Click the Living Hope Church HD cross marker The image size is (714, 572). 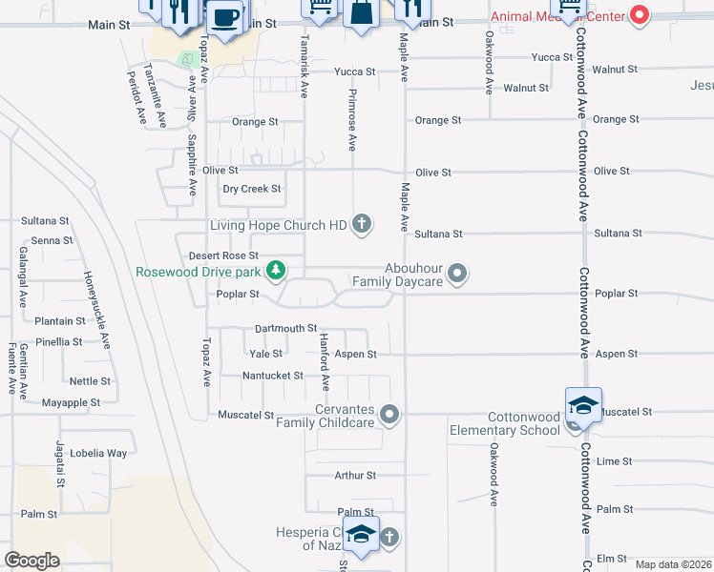[x=361, y=225]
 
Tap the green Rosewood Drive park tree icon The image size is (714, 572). [x=276, y=272]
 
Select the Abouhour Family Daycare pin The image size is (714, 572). [x=457, y=275]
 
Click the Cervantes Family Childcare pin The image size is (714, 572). [x=388, y=414]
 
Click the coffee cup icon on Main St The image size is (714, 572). [x=224, y=17]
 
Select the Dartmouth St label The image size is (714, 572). [x=285, y=329]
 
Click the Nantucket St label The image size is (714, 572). [x=272, y=377]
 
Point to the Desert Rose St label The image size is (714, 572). [x=223, y=256]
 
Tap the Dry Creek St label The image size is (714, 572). [x=252, y=189]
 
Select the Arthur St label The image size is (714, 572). [x=355, y=475]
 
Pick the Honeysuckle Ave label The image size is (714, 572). [x=95, y=310]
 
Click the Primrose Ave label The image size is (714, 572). [x=352, y=129]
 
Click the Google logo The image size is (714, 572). [x=32, y=561]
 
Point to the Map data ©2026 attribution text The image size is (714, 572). [x=673, y=564]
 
